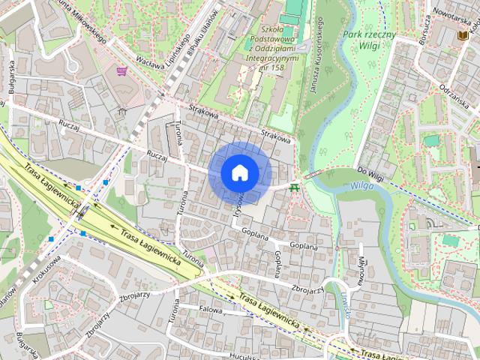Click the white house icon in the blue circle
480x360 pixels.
pyautogui.click(x=240, y=172)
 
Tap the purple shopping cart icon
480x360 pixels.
pyautogui.click(x=122, y=72)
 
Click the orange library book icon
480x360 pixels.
pyautogui.click(x=463, y=34)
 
